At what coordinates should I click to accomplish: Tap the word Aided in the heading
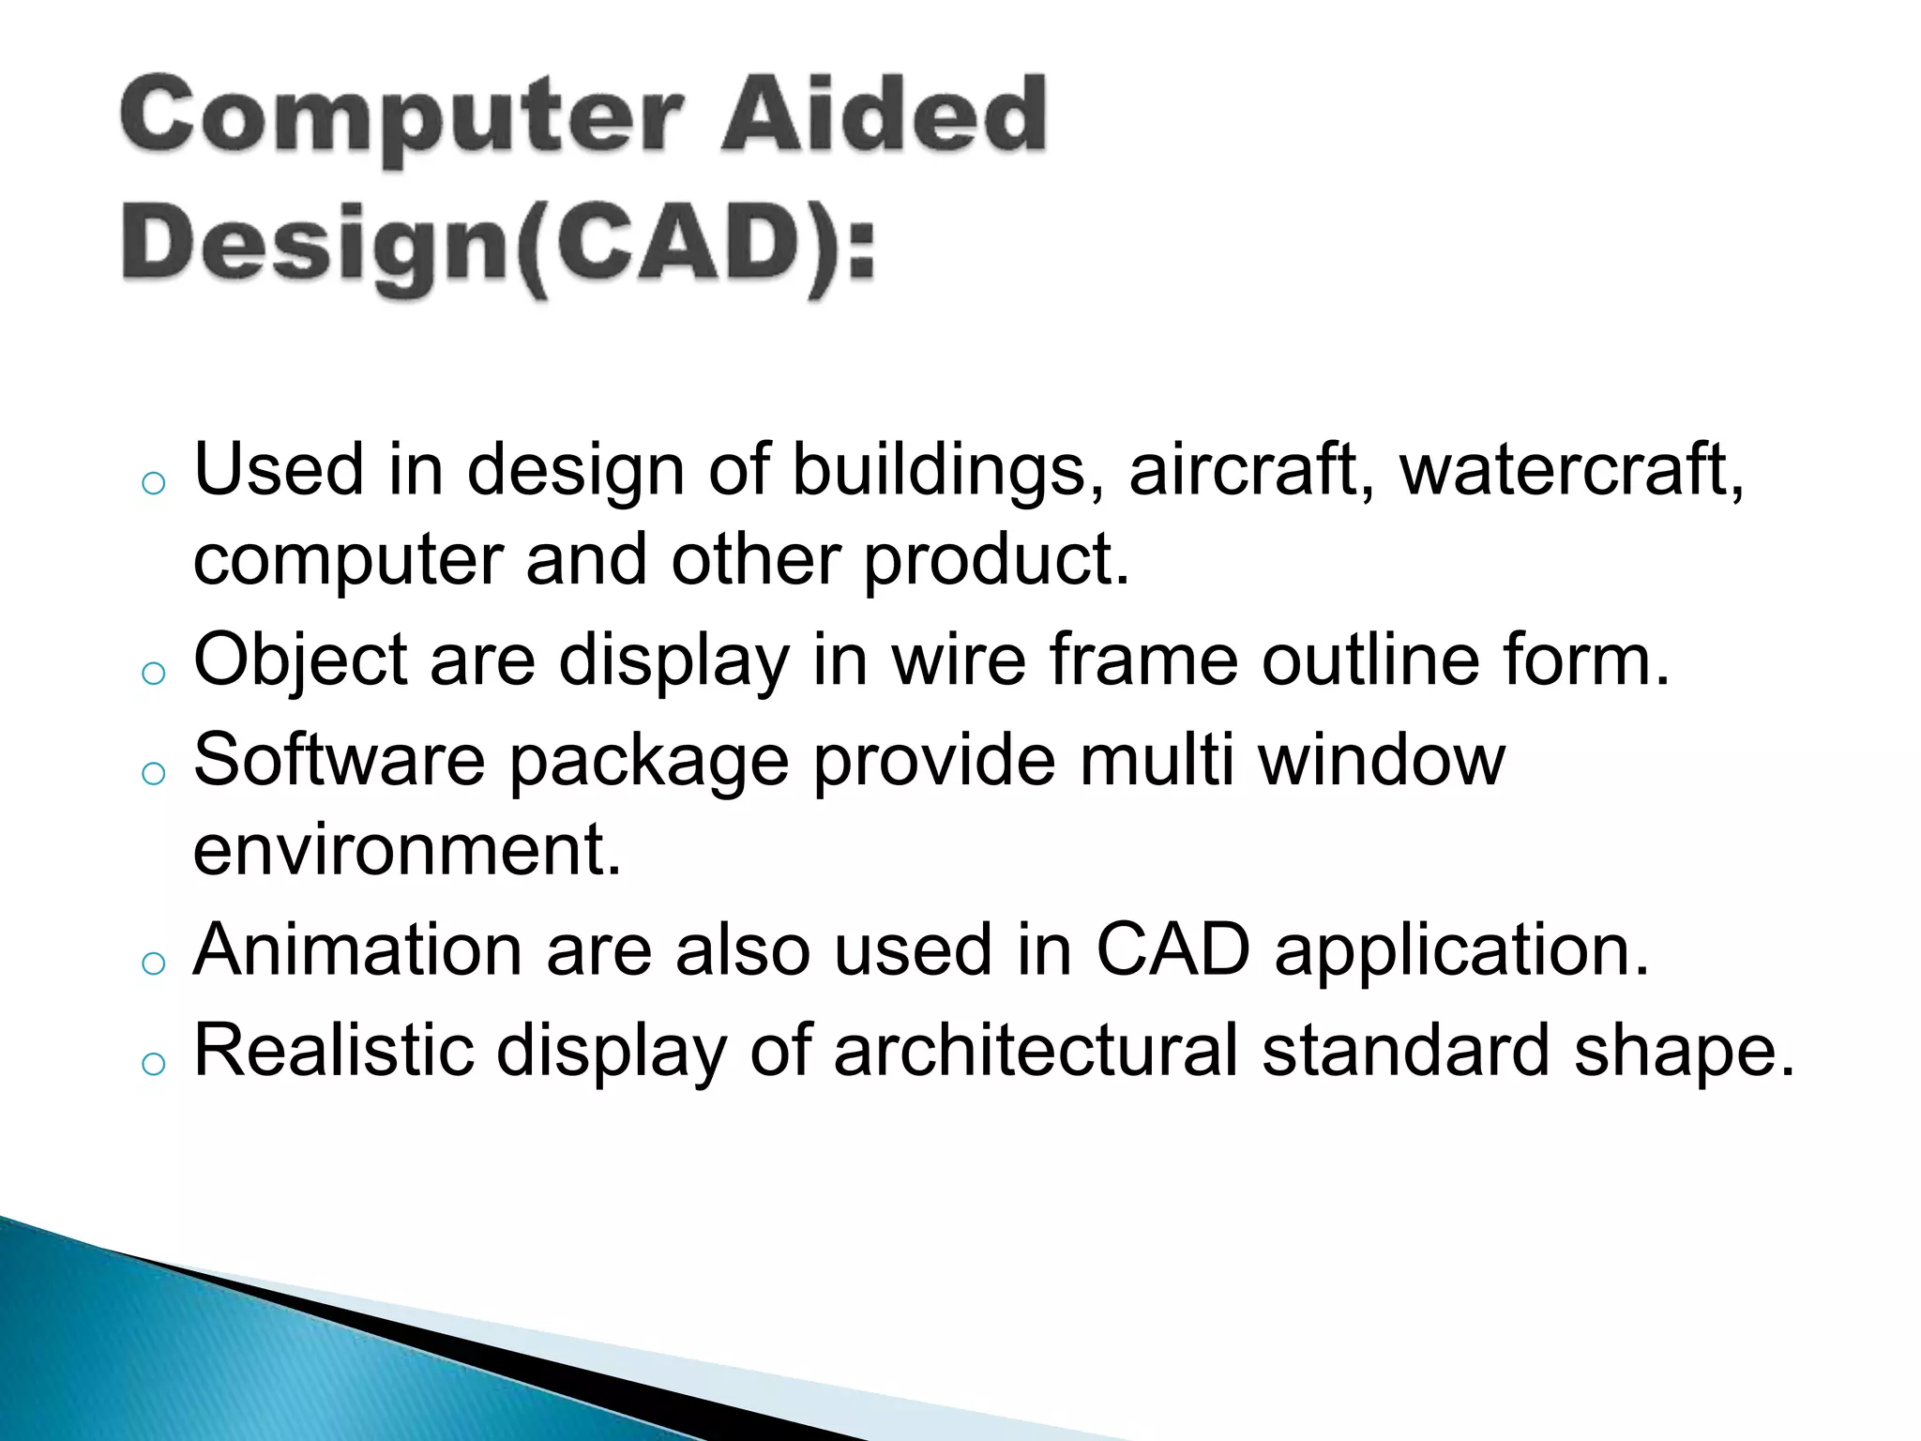coord(883,114)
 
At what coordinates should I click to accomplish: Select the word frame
coord(1143,660)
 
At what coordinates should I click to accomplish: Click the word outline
coord(1370,660)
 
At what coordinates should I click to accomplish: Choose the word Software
coord(339,759)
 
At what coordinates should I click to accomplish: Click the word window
coord(1381,759)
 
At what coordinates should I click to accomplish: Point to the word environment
coord(407,850)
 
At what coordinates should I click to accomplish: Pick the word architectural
coord(1036,1050)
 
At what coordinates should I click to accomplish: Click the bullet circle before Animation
coord(153,963)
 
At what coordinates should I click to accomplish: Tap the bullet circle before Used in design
coord(153,484)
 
